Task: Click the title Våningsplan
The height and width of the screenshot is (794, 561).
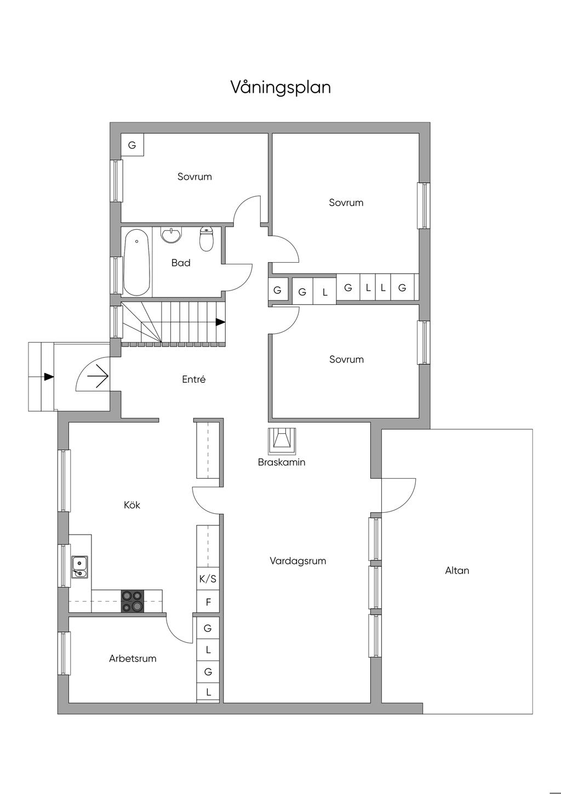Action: (280, 87)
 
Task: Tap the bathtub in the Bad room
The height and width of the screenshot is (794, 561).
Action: (136, 263)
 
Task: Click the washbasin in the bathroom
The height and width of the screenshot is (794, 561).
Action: (172, 235)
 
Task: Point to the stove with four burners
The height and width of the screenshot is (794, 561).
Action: (132, 600)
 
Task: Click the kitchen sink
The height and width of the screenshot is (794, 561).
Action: (79, 567)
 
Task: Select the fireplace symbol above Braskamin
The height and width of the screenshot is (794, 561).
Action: (282, 439)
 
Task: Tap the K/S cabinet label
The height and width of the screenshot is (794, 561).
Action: (208, 579)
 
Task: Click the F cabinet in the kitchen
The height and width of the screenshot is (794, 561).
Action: (208, 602)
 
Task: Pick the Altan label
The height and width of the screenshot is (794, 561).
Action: (457, 570)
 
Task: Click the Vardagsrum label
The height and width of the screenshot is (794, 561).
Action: (297, 561)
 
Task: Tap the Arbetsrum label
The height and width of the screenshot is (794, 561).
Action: (133, 659)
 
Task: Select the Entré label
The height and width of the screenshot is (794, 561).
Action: (193, 379)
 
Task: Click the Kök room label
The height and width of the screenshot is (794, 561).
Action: (132, 504)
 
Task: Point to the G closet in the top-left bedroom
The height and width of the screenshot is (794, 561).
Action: (132, 145)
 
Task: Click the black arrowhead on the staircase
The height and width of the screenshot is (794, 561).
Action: (220, 322)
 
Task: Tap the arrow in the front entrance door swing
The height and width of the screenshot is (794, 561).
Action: (97, 376)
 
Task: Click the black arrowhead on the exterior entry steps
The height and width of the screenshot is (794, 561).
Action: (49, 376)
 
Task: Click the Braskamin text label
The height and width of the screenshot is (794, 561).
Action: (282, 462)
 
